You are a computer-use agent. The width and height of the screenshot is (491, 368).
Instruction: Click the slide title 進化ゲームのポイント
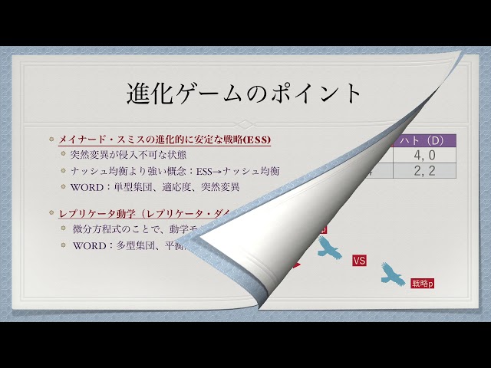tap(244, 93)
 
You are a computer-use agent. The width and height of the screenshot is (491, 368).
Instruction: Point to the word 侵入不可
tap(131, 154)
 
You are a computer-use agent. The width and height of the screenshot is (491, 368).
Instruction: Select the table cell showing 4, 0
tap(423, 155)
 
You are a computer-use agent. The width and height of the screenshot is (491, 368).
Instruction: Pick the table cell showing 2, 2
tap(423, 171)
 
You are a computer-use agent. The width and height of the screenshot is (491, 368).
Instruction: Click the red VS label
tap(359, 261)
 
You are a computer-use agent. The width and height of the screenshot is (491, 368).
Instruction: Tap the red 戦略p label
tap(423, 284)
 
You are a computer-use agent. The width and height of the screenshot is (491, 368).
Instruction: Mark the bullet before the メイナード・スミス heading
tap(51, 140)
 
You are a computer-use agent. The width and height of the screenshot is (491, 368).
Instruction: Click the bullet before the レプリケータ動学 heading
tap(51, 212)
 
